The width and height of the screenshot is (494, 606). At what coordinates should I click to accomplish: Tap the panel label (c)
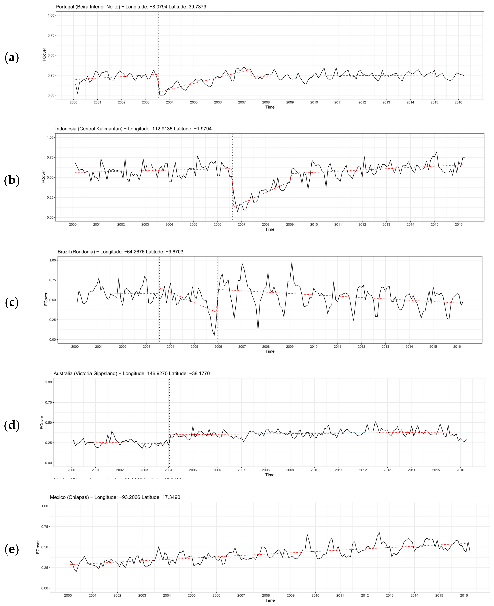12,302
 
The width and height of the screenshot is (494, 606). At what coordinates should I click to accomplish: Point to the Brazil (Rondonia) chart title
120,252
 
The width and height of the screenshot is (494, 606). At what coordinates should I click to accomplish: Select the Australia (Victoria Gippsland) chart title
131,373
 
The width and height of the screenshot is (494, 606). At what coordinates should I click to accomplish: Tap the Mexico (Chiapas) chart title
115,497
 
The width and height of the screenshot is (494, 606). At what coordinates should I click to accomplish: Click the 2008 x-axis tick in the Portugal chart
266,102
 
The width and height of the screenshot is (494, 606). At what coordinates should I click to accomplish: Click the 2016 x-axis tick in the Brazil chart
457,346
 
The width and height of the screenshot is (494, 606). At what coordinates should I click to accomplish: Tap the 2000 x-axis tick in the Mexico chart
68,595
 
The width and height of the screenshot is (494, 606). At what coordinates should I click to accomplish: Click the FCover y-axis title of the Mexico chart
38,547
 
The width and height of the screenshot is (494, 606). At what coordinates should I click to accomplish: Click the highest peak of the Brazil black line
292,262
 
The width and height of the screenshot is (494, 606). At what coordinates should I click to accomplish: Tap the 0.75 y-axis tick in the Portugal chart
51,35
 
